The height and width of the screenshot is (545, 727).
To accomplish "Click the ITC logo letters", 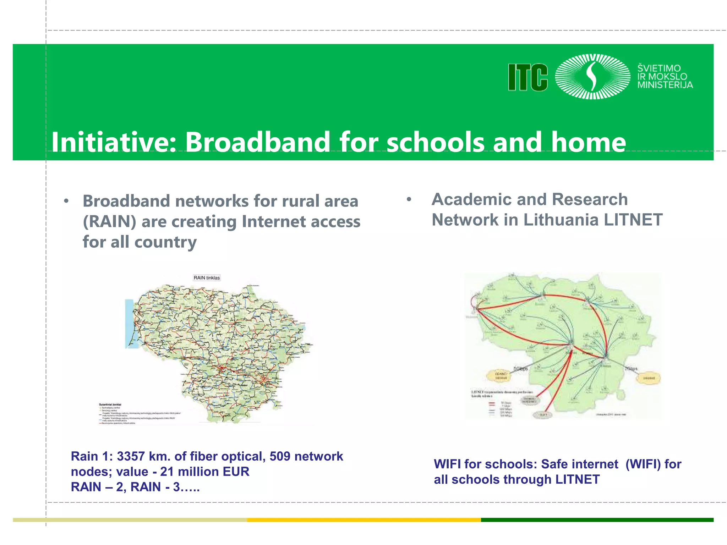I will pyautogui.click(x=528, y=77).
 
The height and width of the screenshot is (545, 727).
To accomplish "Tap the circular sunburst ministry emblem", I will pyautogui.click(x=592, y=77).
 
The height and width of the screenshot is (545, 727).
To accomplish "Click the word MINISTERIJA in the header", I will pyautogui.click(x=665, y=85).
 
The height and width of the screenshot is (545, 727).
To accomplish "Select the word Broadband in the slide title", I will pyautogui.click(x=258, y=142).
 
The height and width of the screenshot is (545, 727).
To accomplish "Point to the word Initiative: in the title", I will pyautogui.click(x=114, y=142).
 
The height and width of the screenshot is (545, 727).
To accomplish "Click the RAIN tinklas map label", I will pyautogui.click(x=207, y=278).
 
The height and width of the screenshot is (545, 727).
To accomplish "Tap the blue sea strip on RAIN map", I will pyautogui.click(x=129, y=323).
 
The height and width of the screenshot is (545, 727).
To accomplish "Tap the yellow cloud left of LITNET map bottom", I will pyautogui.click(x=501, y=376).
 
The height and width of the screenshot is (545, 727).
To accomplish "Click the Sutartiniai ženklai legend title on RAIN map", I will pyautogui.click(x=110, y=404).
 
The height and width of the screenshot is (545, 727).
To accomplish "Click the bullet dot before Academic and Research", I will pyautogui.click(x=409, y=199).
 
